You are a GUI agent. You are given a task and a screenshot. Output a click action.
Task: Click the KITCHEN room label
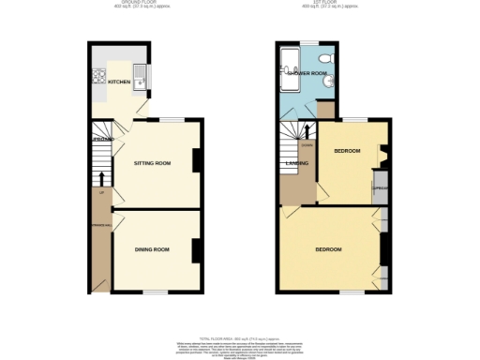click(119, 82)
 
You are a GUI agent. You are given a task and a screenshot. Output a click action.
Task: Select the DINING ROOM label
click(153, 249)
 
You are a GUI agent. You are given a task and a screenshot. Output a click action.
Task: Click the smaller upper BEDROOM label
click(347, 151)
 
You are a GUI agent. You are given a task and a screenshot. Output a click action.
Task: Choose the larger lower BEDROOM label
click(328, 249)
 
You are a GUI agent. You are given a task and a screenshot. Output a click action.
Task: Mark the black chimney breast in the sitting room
click(197, 161)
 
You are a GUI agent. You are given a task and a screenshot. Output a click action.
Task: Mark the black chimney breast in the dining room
click(197, 250)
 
